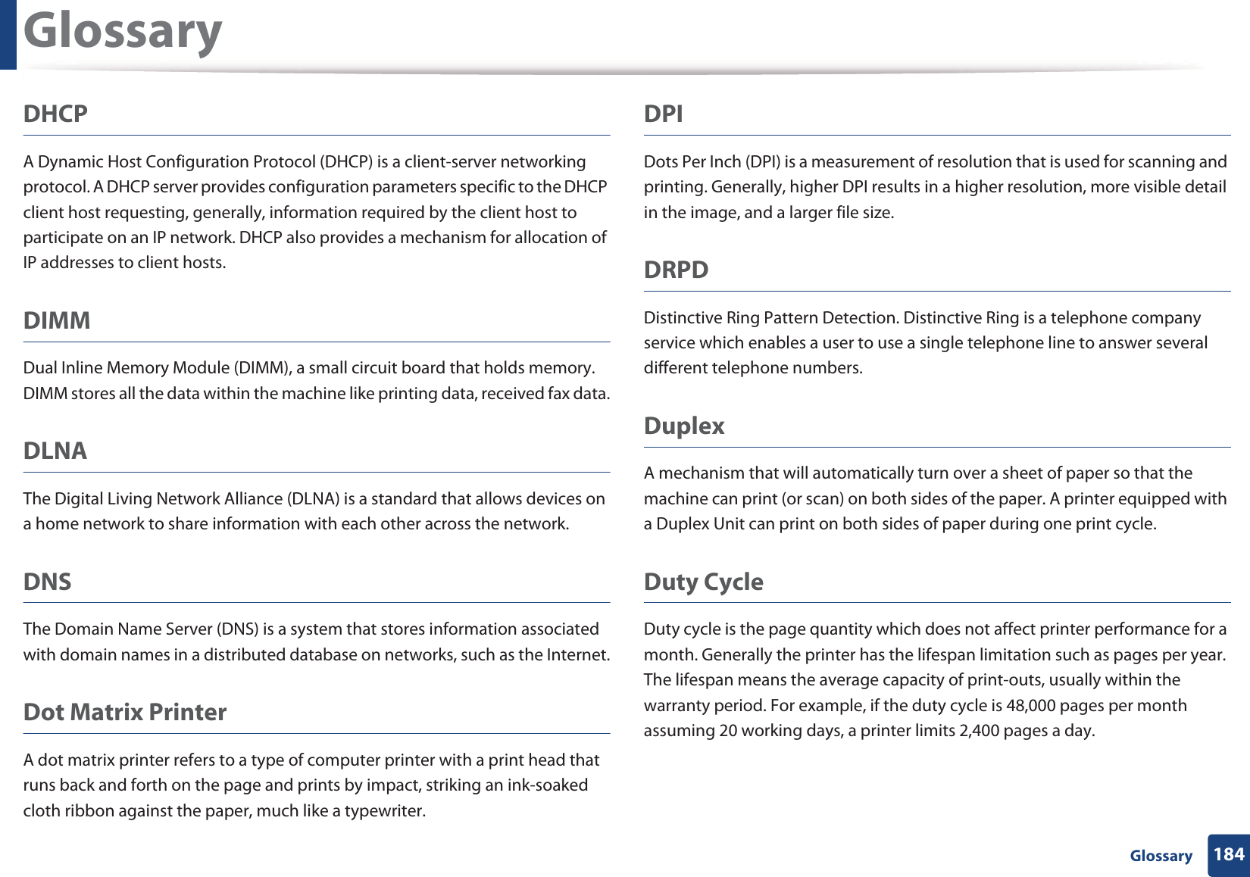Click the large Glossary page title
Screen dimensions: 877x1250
pos(123,32)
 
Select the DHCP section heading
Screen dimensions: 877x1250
pos(55,114)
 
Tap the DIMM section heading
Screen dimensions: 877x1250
pos(57,320)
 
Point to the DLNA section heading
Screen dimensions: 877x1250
pos(55,451)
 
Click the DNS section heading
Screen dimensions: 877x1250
pos(48,582)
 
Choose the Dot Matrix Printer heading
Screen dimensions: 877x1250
pos(125,712)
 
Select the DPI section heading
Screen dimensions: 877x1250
pos(663,114)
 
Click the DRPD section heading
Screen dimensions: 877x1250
pos(676,270)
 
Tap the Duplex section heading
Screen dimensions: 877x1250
pos(684,426)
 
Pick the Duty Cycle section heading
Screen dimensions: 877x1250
pos(703,582)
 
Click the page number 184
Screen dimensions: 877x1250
pos(1228,854)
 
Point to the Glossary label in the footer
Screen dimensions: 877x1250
pos(1161,856)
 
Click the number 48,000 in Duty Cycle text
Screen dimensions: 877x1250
pos(1030,706)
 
